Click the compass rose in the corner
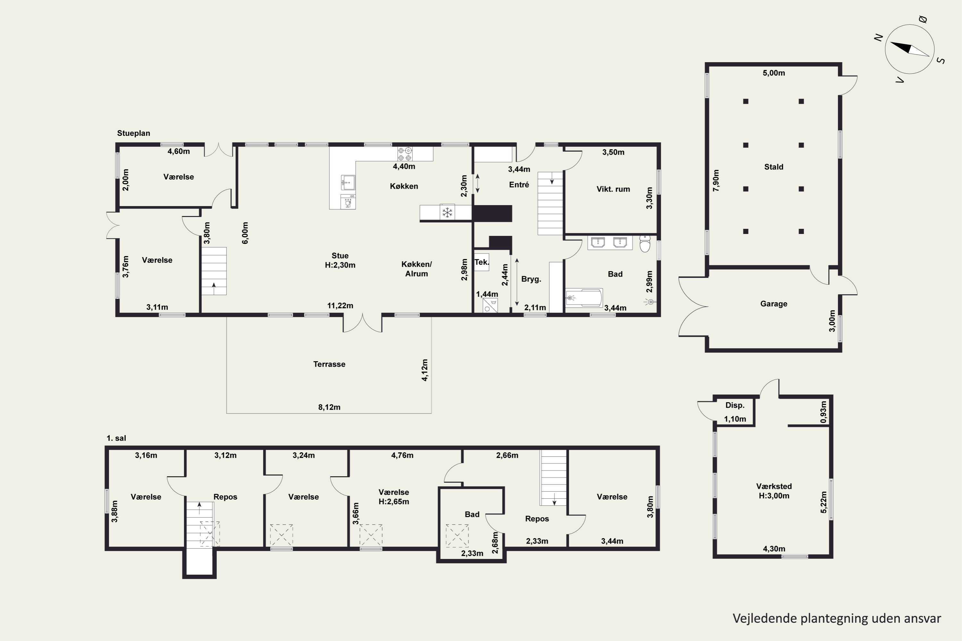click(x=910, y=49)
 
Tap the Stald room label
click(x=773, y=167)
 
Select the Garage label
click(x=773, y=304)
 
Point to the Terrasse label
click(x=329, y=364)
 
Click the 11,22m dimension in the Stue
click(x=340, y=306)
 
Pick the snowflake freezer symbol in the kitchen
click(x=447, y=212)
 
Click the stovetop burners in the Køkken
click(x=404, y=154)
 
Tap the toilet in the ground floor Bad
click(x=645, y=244)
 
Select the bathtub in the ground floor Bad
click(x=584, y=298)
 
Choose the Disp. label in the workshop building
click(x=735, y=405)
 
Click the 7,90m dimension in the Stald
click(x=716, y=180)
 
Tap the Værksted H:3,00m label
click(x=774, y=491)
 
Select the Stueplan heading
click(x=133, y=133)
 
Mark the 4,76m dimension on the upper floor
click(x=402, y=455)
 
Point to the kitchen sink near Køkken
click(x=348, y=182)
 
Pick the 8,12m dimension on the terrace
click(x=329, y=407)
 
